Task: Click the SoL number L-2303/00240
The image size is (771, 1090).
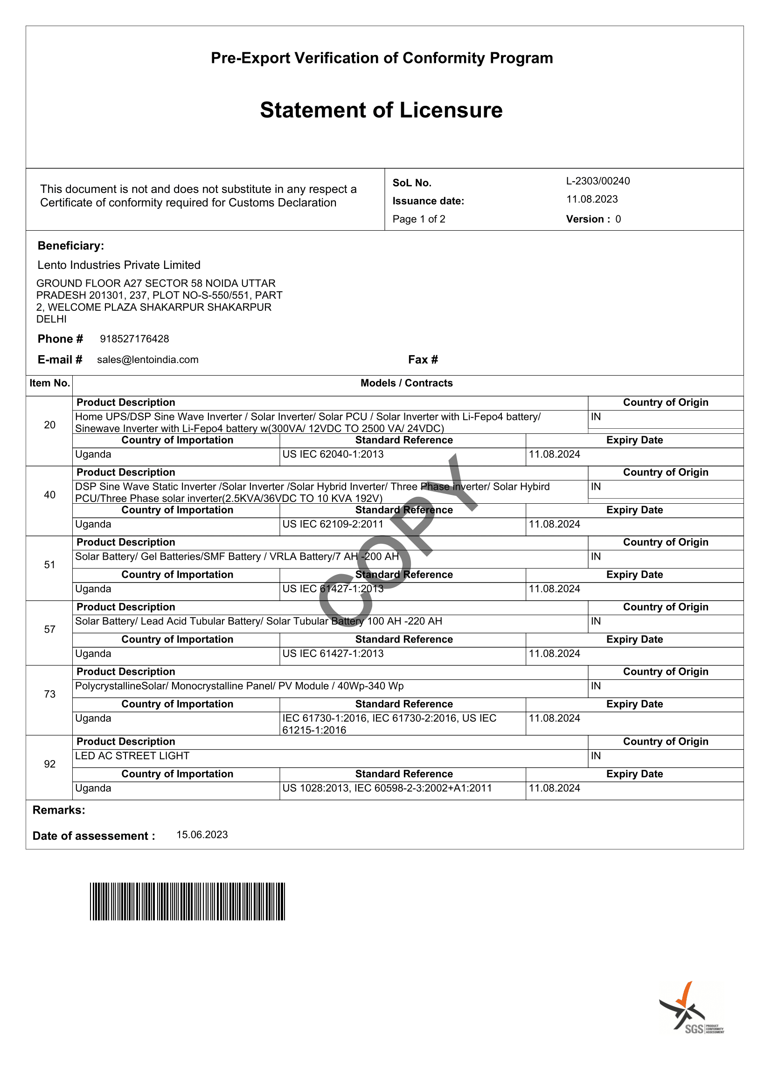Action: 597,181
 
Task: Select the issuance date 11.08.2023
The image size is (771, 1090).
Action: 592,199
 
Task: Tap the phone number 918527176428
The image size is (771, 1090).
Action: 134,338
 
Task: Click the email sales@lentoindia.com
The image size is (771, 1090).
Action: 148,359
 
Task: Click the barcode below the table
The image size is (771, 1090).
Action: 187,901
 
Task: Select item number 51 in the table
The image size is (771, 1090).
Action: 49,564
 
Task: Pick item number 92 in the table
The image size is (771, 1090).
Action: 49,764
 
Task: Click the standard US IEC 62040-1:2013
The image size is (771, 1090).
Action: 333,454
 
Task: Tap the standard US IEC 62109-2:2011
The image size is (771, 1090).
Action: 333,524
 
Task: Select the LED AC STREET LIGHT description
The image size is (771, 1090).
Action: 132,755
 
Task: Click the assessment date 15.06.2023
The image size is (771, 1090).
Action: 202,835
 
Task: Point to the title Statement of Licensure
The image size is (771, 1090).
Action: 381,110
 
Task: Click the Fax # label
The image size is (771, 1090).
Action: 423,359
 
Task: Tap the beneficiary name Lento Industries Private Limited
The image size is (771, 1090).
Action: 119,264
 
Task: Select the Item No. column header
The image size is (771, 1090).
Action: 49,383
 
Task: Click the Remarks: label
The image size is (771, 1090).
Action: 58,810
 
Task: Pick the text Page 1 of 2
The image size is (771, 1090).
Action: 418,219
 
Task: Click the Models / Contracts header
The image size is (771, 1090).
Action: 406,383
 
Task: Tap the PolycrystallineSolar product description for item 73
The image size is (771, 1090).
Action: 239,686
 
